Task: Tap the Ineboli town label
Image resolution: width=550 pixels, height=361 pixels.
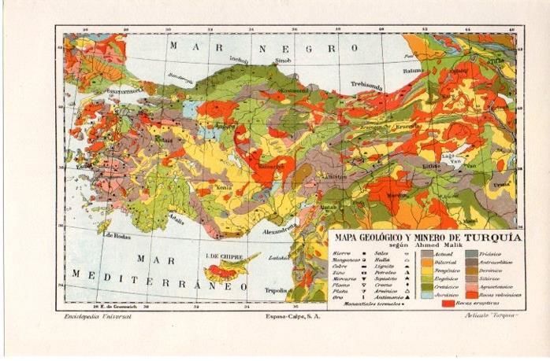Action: pyautogui.click(x=239, y=59)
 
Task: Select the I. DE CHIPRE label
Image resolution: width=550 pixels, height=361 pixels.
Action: pyautogui.click(x=222, y=257)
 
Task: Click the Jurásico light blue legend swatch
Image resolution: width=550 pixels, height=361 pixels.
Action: pyautogui.click(x=427, y=294)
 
